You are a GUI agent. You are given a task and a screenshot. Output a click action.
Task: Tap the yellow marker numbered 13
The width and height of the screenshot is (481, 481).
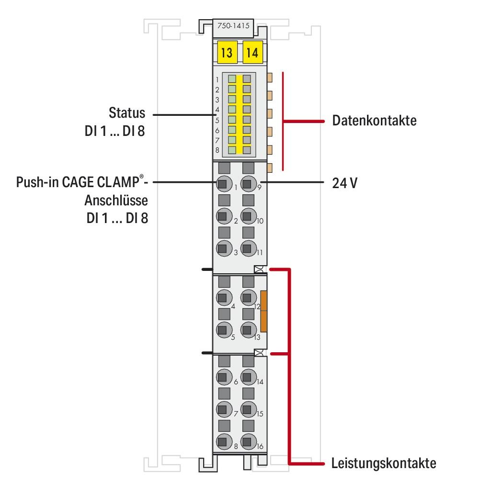click(x=226, y=52)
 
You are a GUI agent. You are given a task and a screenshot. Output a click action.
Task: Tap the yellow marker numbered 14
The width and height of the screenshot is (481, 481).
click(x=252, y=52)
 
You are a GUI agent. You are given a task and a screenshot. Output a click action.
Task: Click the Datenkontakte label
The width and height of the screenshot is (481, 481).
click(x=374, y=121)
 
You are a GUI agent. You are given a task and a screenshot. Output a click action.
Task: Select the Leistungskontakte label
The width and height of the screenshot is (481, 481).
click(x=384, y=463)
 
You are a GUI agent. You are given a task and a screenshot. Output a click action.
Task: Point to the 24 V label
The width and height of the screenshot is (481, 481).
click(x=344, y=183)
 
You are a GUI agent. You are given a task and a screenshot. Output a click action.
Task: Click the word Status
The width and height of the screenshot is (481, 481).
click(x=126, y=113)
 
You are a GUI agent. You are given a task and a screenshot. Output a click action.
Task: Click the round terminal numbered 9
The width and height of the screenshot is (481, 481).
click(x=247, y=183)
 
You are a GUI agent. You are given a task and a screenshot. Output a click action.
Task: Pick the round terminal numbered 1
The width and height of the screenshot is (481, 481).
click(x=222, y=183)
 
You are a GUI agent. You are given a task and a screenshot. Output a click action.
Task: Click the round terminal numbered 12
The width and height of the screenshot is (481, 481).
click(x=247, y=298)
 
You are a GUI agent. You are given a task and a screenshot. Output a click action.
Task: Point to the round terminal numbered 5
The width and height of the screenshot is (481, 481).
click(x=222, y=330)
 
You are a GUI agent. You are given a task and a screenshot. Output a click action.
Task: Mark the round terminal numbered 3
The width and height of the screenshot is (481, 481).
click(x=222, y=248)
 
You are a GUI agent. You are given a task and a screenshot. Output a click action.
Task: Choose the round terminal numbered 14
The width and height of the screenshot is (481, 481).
click(x=247, y=377)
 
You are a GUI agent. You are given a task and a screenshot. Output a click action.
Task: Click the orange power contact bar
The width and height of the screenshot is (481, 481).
click(x=263, y=311)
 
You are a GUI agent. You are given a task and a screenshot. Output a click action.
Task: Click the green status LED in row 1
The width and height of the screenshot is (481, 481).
click(x=232, y=79)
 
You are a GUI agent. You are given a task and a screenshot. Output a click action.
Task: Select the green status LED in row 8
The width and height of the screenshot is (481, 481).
click(x=232, y=150)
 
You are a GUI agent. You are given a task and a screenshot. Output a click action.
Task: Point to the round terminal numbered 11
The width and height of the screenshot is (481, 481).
click(x=247, y=248)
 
